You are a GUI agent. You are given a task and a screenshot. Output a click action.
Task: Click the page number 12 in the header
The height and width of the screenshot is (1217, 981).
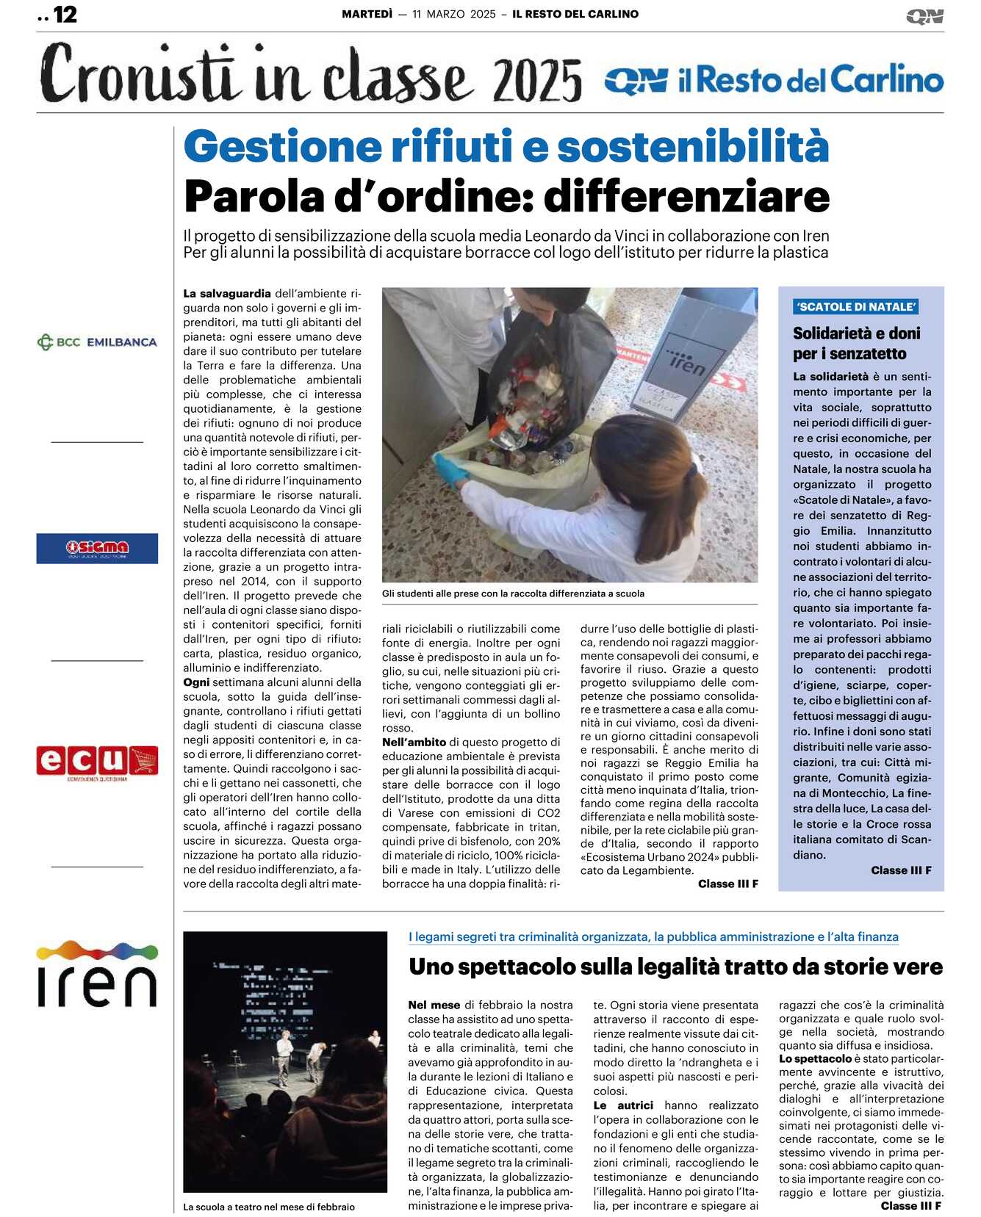(65, 15)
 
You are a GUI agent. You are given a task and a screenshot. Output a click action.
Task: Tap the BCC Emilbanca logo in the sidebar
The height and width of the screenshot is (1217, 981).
(97, 342)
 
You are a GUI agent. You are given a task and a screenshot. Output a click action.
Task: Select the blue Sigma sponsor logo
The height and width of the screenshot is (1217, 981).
(97, 548)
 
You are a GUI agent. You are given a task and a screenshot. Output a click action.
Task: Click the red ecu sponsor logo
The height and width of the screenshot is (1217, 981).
(97, 762)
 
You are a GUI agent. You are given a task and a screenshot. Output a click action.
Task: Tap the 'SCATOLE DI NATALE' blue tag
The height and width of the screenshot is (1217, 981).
(856, 307)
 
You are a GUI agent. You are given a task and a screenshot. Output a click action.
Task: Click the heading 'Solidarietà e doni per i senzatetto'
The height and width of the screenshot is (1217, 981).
(856, 343)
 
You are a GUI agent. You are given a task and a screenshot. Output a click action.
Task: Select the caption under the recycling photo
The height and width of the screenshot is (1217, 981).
(513, 593)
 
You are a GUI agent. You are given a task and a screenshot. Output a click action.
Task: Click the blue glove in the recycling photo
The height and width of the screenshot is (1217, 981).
(450, 468)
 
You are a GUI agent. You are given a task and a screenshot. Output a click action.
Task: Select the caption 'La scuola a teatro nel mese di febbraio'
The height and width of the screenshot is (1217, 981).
(269, 1207)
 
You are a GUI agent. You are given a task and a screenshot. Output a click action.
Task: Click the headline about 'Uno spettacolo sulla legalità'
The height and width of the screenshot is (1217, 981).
(675, 967)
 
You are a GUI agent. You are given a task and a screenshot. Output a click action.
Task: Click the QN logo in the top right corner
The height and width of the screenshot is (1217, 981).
(924, 16)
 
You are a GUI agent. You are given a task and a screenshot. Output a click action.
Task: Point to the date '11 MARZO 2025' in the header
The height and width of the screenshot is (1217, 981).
(454, 14)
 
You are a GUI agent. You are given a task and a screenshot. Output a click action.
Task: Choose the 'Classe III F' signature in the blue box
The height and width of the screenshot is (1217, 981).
(901, 870)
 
